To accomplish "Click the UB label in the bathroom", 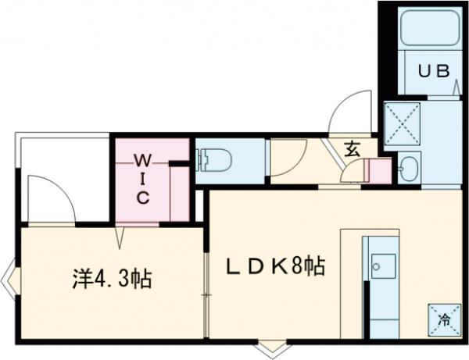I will pos(433,71).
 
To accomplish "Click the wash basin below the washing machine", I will pos(408,167).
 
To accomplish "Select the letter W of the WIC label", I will pos(142,161).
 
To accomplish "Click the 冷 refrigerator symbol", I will pos(443,319).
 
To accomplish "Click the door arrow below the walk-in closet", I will pos(121,234).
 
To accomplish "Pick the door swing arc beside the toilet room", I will pos(291,156).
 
